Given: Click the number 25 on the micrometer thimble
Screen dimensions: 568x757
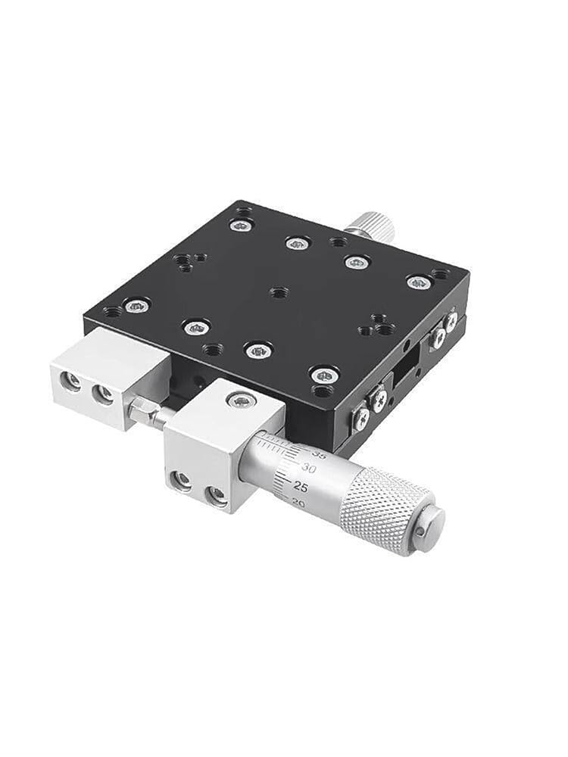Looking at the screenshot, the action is [301, 486].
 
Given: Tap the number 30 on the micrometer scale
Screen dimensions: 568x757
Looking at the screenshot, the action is [309, 468].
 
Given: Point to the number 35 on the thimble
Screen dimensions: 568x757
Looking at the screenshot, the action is [320, 453].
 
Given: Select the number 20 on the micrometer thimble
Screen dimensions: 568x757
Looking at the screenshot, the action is [298, 503].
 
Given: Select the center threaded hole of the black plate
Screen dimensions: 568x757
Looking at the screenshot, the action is [278, 292].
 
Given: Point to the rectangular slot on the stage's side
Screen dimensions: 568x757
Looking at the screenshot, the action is [407, 369].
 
